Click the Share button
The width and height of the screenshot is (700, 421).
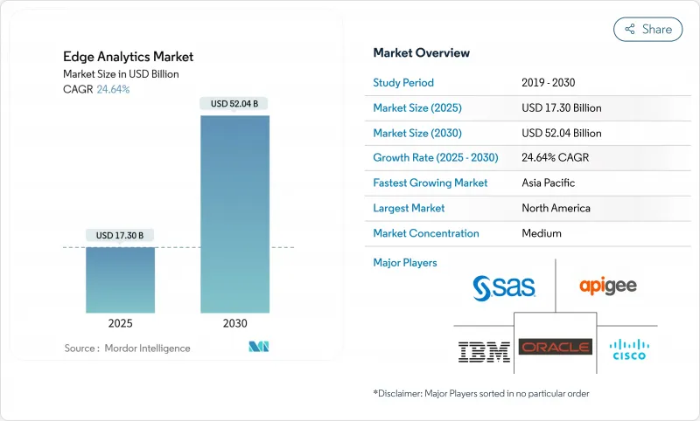(x=647, y=29)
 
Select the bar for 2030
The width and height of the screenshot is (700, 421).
(x=234, y=214)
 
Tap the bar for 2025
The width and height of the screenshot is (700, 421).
(x=120, y=280)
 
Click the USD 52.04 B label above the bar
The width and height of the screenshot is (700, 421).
(x=234, y=104)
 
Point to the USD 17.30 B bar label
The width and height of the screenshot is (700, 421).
(x=120, y=235)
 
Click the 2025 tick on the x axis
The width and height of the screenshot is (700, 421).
(x=120, y=323)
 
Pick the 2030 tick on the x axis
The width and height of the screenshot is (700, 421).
(x=234, y=323)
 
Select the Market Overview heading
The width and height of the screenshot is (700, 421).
(x=421, y=53)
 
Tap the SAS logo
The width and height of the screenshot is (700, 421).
(x=504, y=286)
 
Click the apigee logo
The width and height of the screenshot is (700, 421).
(x=608, y=286)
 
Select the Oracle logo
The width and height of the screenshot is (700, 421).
(x=556, y=348)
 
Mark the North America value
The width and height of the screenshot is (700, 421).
(x=556, y=208)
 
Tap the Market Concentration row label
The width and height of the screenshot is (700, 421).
(x=425, y=233)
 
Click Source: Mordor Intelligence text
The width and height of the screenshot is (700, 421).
(x=127, y=349)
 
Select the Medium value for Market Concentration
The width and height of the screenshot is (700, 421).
(x=542, y=233)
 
